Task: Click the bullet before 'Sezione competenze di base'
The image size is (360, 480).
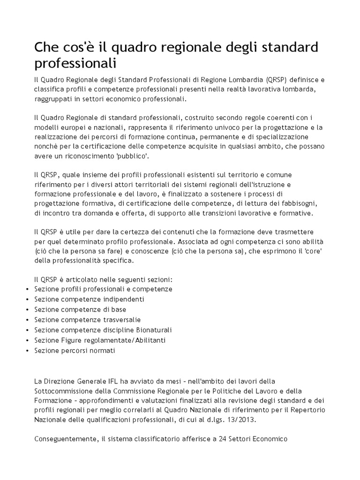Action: tap(28, 310)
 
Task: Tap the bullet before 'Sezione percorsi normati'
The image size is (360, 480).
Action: tap(28, 350)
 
